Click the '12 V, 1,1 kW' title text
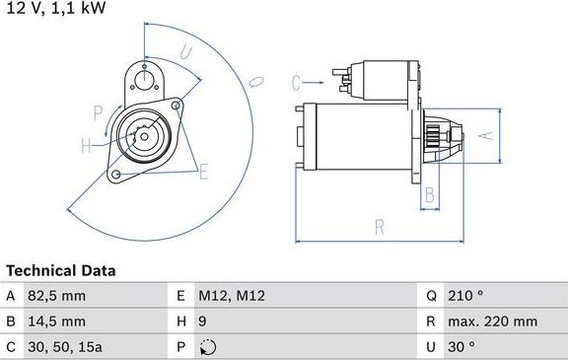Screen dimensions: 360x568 [55, 9]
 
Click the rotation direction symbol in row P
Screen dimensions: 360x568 [205, 347]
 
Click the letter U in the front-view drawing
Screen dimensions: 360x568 [186, 54]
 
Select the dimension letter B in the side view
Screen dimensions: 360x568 [429, 194]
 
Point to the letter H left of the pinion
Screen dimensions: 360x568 [86, 146]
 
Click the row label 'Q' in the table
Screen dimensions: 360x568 [431, 296]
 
